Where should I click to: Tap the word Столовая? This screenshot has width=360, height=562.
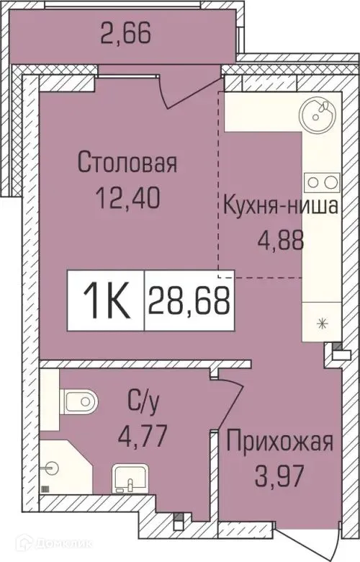coord(127,163)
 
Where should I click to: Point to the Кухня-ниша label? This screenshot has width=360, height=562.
coord(280,208)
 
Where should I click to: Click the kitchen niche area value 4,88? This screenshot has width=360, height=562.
coord(280,238)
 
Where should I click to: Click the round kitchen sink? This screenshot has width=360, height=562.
coord(318,112)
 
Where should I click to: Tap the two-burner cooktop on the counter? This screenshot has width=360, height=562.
coord(318,180)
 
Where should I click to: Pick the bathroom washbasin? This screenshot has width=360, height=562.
coord(130,477)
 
